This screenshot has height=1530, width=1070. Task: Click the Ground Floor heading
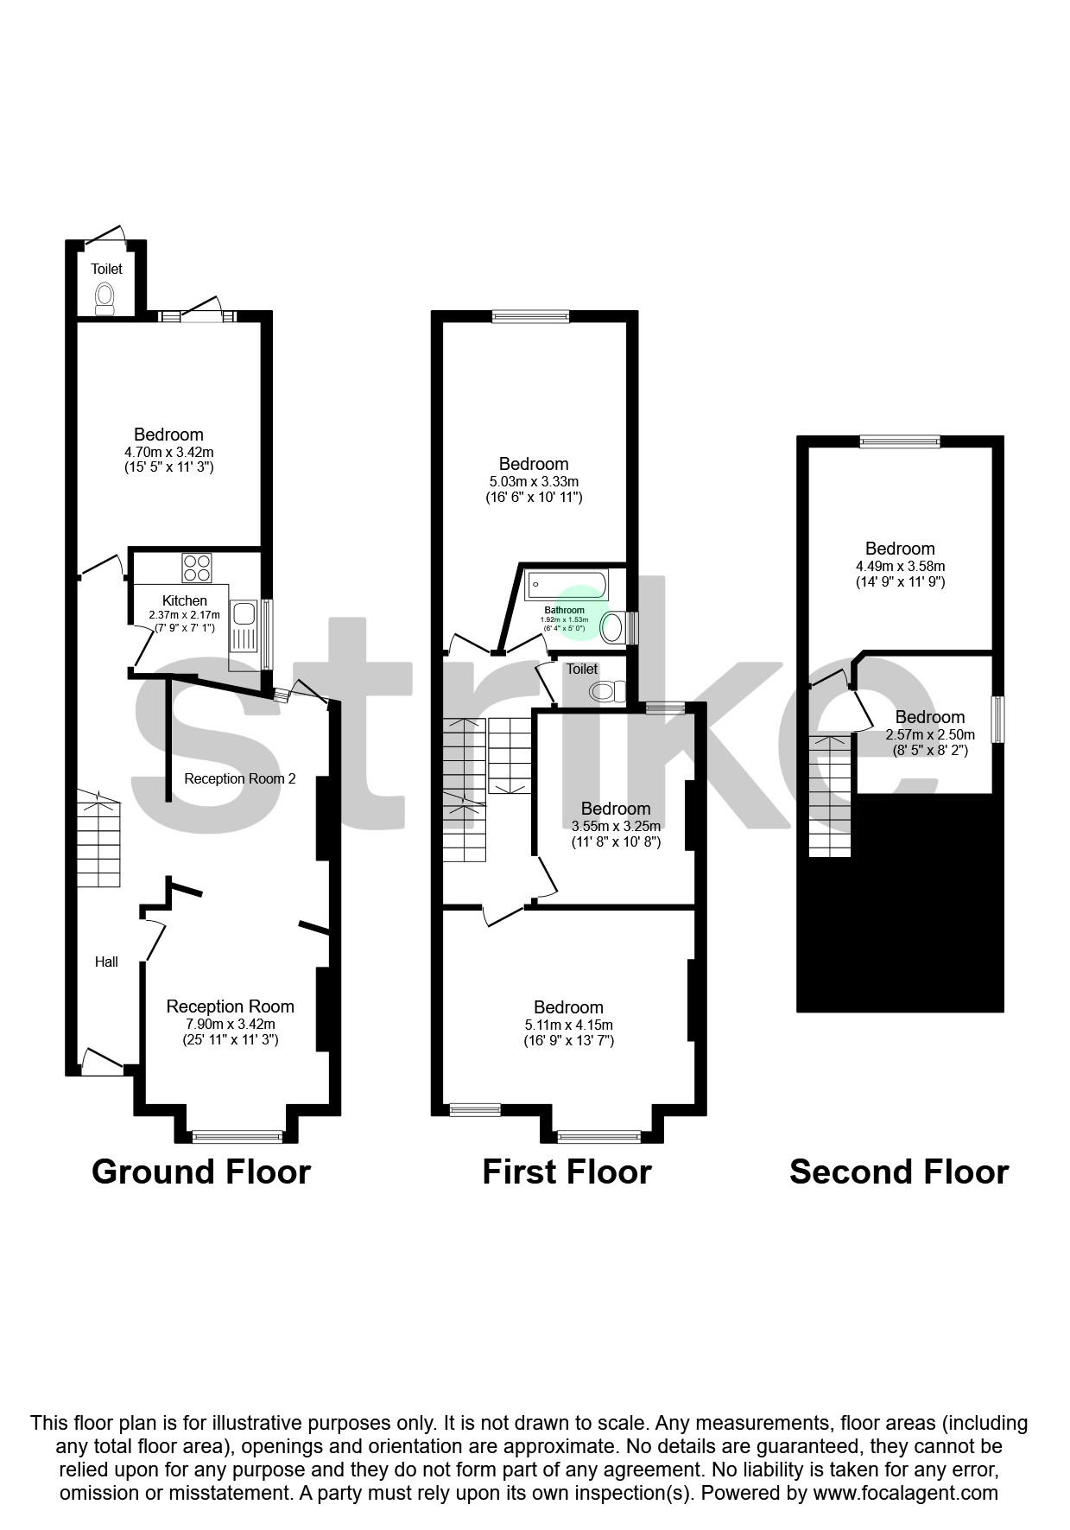200,1171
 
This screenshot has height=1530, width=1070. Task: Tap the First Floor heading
567,1171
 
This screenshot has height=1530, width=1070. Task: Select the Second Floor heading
898,1171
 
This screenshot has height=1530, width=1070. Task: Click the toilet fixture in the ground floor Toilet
104,299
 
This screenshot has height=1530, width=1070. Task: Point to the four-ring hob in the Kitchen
197,568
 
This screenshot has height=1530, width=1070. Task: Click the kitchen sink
243,614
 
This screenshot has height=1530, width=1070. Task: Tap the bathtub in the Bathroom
566,585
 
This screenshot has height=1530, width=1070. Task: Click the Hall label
106,962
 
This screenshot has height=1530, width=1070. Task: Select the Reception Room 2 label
240,778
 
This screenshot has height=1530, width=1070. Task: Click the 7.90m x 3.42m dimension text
230,1024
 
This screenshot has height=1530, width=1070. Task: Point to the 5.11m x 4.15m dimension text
568,1025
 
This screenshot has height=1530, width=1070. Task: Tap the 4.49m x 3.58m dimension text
900,566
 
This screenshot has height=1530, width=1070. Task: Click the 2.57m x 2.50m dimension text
930,734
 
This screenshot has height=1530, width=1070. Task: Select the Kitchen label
185,600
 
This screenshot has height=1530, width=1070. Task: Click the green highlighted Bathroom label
565,611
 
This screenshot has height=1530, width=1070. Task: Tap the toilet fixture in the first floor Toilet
607,691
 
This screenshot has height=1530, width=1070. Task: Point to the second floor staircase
830,796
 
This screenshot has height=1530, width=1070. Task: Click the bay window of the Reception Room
237,1136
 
